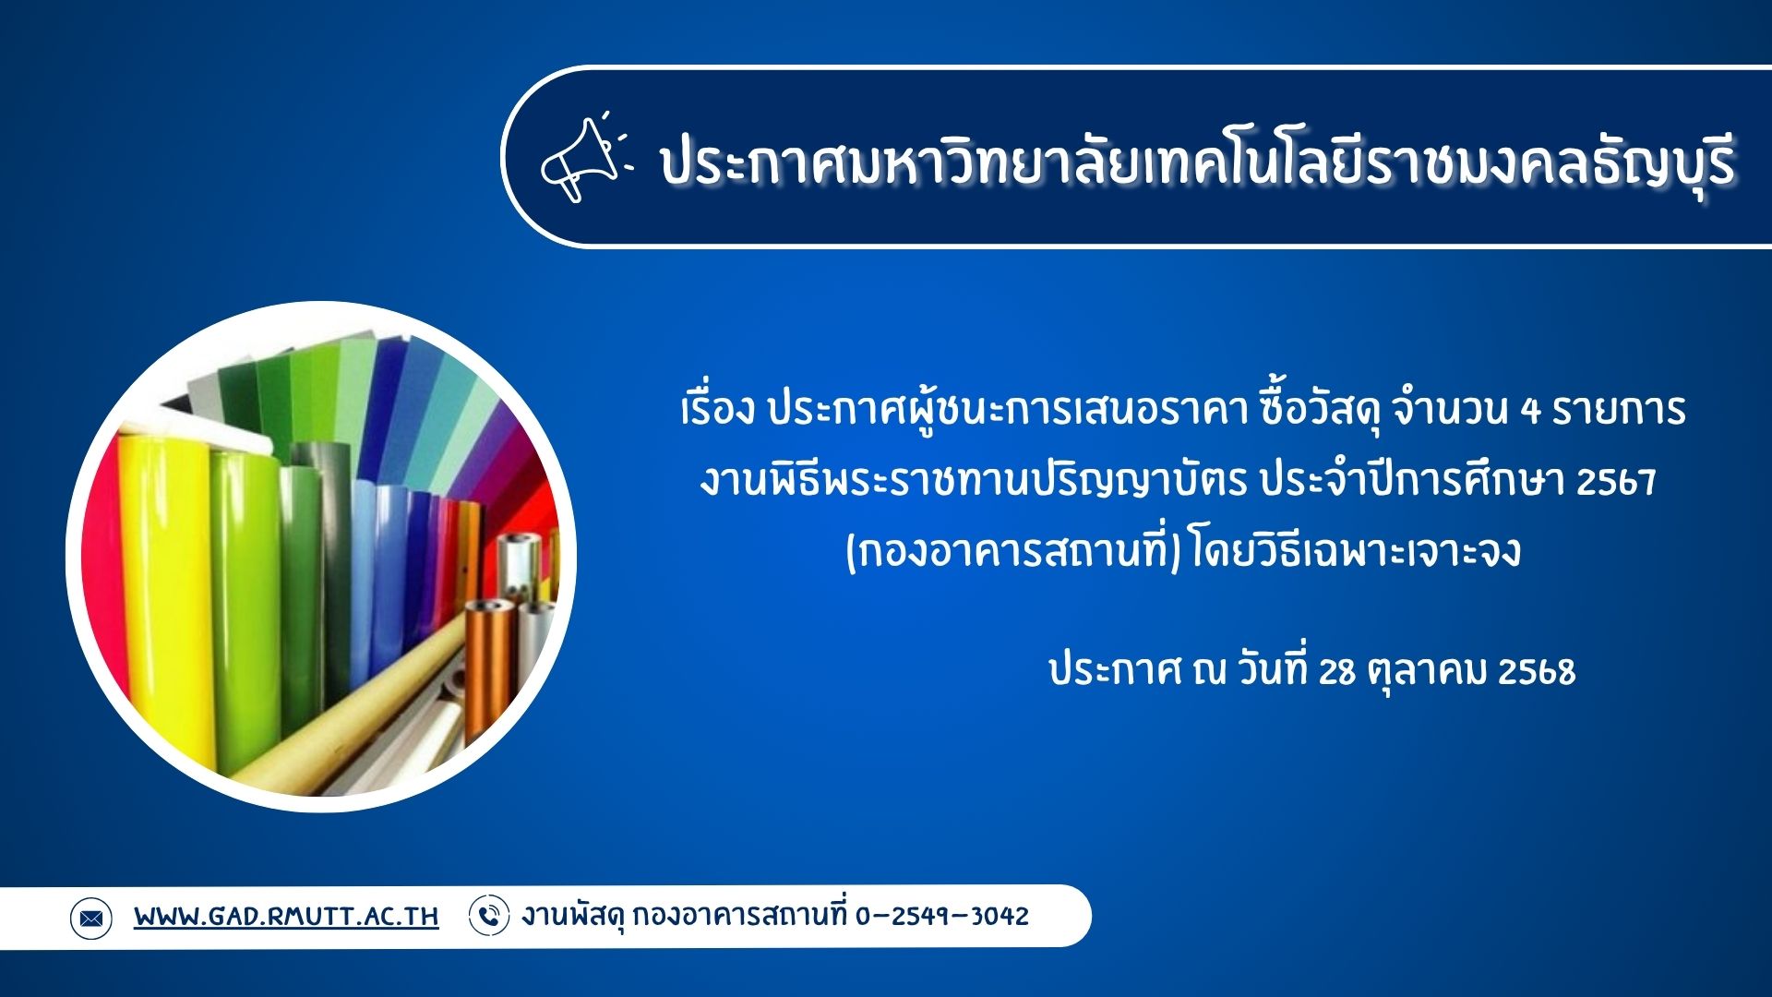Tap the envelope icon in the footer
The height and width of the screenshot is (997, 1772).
[x=90, y=918]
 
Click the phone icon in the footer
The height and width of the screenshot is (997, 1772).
[x=489, y=916]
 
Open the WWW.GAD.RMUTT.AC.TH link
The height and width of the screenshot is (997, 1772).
[x=286, y=917]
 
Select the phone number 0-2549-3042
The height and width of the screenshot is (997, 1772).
[x=941, y=916]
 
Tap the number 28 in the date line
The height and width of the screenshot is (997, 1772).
[x=1336, y=672]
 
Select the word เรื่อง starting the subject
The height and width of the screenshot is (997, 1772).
[x=717, y=410]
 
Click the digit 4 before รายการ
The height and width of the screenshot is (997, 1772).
[x=1530, y=410]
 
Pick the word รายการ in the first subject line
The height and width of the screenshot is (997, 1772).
[x=1619, y=410]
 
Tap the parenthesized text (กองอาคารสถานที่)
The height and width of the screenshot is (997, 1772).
[x=1013, y=552]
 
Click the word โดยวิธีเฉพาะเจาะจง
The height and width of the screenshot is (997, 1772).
[x=1356, y=552]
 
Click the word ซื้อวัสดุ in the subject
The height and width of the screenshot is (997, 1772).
[x=1321, y=410]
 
